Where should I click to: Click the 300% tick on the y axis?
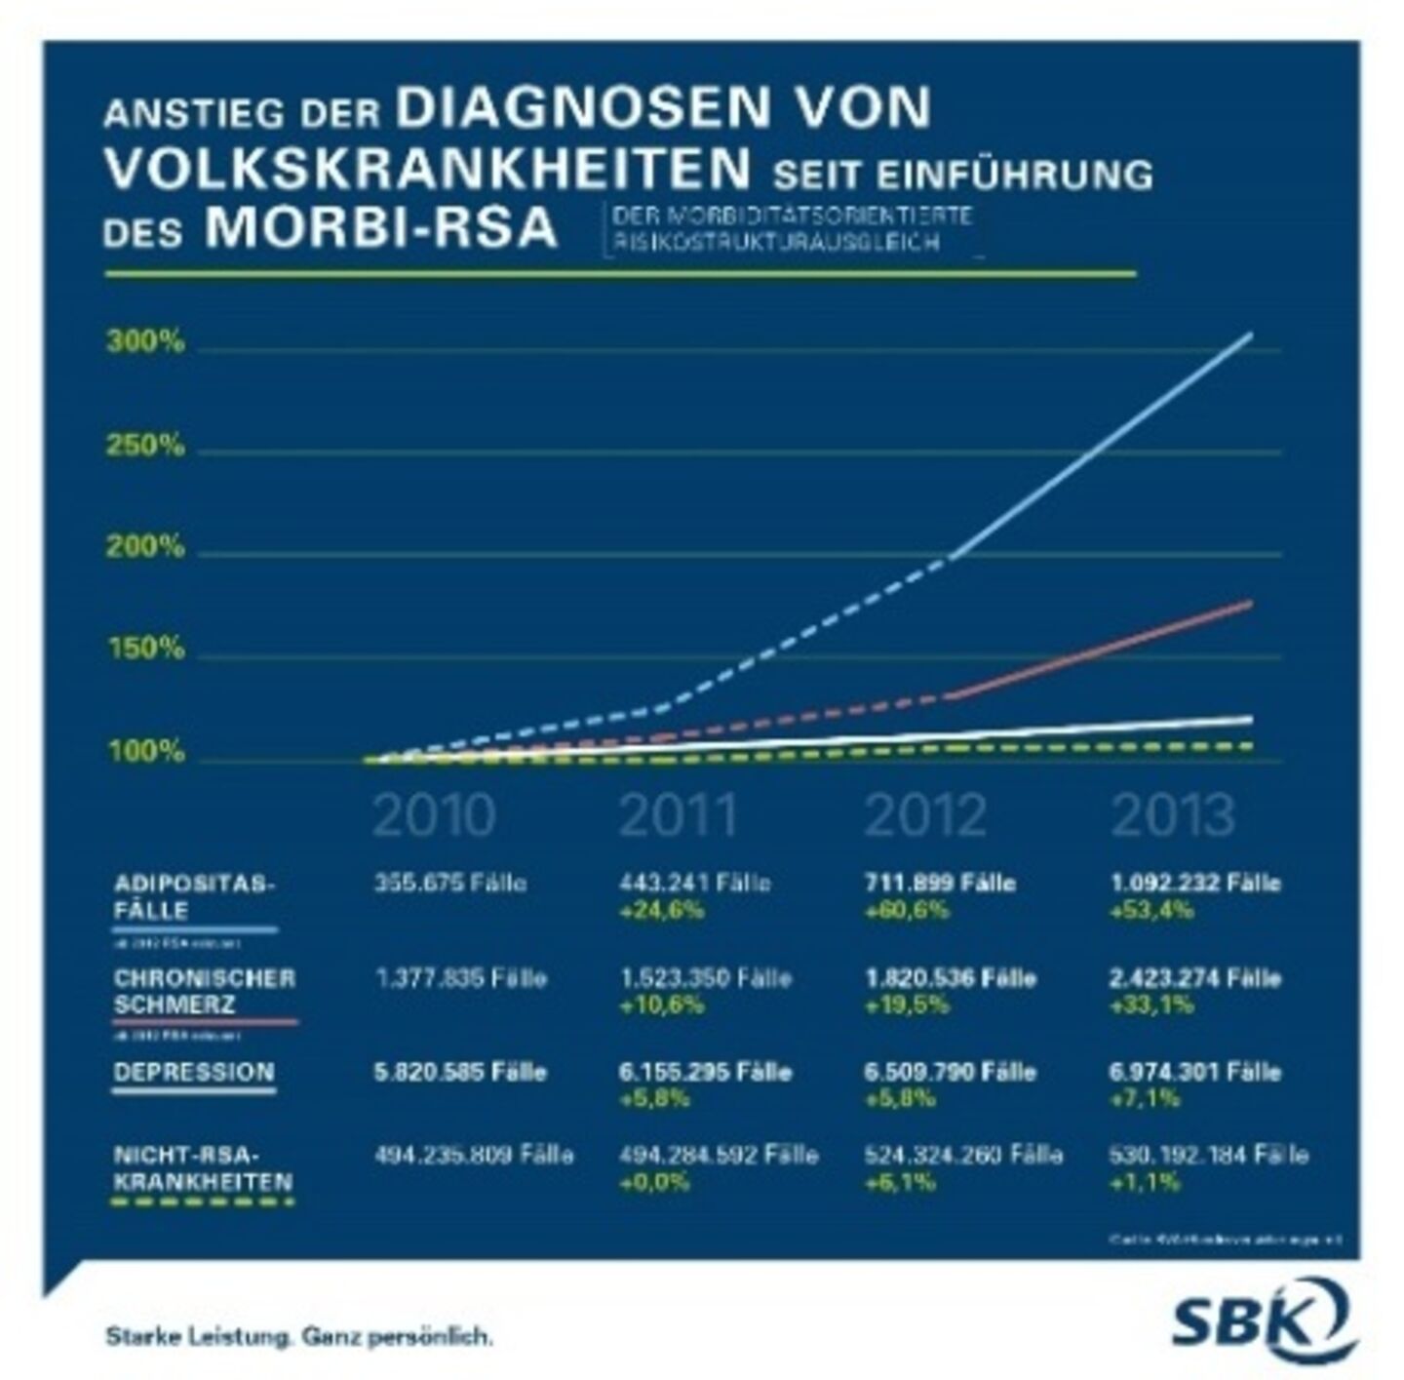coord(145,342)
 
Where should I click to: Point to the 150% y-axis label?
coord(145,649)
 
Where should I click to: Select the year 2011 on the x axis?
coord(679,815)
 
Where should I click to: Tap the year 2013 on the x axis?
coord(1173,815)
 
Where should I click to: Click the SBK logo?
coord(1262,1321)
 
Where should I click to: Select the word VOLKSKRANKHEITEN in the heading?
coord(427,170)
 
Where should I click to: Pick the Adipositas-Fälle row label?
coord(194,897)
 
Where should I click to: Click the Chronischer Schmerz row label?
coord(204,991)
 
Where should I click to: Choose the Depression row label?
coord(194,1072)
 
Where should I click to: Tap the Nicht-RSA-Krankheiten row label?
coord(203,1168)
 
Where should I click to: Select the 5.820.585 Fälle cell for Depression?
coord(460,1072)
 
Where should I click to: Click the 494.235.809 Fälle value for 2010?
coord(474,1155)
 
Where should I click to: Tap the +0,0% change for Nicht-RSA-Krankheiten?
coord(654,1182)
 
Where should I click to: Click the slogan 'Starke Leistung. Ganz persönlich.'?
coord(298,1336)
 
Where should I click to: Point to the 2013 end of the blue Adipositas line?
coord(1250,335)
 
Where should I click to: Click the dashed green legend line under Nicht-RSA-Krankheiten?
coord(203,1203)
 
